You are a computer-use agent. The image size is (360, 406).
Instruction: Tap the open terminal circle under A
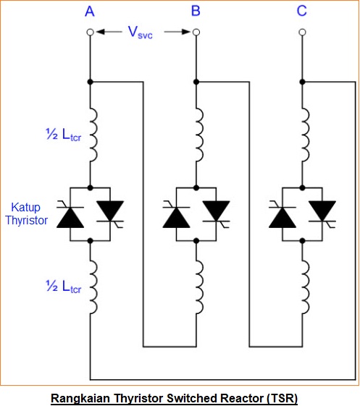coord(90,33)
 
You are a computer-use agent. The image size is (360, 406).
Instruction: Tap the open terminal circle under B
coord(196,33)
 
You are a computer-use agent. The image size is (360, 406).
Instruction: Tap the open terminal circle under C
coord(302,33)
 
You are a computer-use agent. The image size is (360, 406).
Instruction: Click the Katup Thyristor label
coord(26,213)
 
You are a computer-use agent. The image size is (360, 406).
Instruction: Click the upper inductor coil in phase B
coord(198,134)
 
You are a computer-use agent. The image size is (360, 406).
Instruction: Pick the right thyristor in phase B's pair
coord(216,211)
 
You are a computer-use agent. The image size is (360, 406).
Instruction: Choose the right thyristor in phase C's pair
coord(322,211)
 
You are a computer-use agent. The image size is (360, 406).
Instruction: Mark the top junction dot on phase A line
coord(90,81)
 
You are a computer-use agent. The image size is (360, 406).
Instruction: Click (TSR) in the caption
coord(281,397)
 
